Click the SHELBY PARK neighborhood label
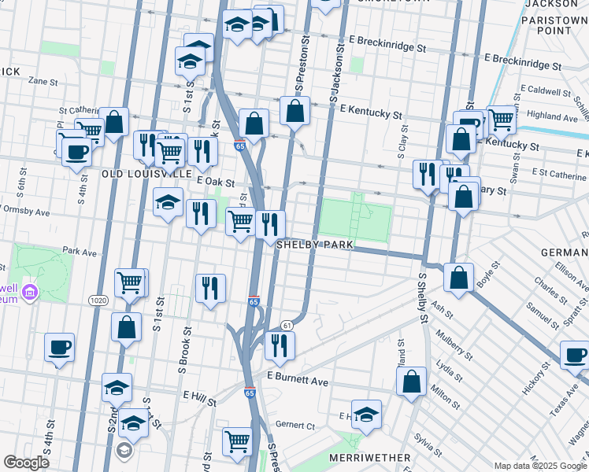click(x=313, y=245)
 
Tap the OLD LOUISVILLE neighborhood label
click(x=146, y=172)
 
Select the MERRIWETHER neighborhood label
click(x=372, y=457)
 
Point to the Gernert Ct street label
click(x=297, y=425)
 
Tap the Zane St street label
click(x=43, y=81)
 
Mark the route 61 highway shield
click(x=287, y=326)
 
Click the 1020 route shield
click(x=98, y=300)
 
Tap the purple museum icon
click(x=31, y=292)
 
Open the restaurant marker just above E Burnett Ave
click(x=279, y=345)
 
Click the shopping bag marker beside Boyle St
click(x=458, y=277)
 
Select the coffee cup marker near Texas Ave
click(x=575, y=355)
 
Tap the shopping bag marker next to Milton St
click(x=413, y=383)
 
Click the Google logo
click(x=26, y=463)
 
